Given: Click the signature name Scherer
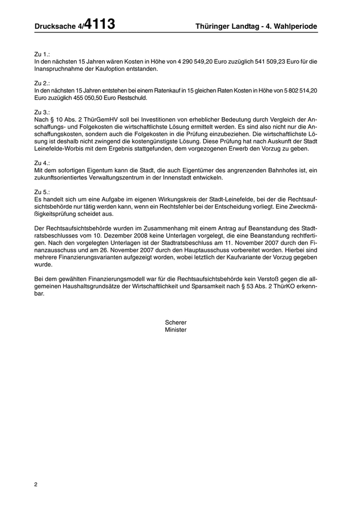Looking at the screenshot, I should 176,322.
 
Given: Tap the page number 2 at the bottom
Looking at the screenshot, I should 35,484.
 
